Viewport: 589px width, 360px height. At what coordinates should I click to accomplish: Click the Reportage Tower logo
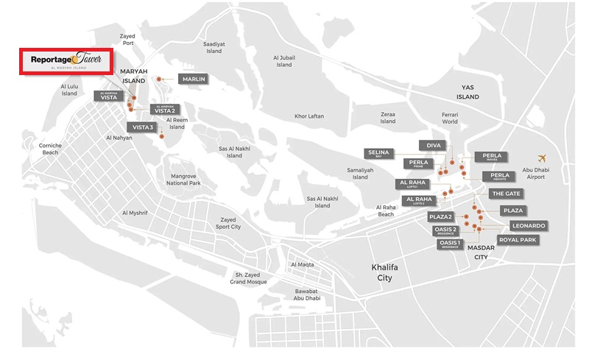click(66, 60)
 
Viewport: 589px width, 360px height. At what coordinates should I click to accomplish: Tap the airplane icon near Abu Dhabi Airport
click(543, 159)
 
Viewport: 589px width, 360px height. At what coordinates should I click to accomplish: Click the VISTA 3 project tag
click(143, 127)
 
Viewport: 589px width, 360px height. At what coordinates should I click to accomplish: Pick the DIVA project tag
click(433, 145)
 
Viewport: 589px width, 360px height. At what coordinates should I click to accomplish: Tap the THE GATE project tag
click(506, 193)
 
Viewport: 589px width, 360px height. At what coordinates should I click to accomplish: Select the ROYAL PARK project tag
click(518, 240)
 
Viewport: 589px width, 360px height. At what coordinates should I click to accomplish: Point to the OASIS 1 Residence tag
click(450, 244)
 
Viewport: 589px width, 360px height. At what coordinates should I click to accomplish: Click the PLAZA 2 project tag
click(441, 216)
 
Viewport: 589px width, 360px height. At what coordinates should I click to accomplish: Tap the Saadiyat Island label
click(214, 47)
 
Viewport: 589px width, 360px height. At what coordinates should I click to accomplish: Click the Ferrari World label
click(450, 118)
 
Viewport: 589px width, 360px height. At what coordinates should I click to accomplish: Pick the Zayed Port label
click(128, 39)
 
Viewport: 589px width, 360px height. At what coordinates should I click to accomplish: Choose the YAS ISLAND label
click(467, 93)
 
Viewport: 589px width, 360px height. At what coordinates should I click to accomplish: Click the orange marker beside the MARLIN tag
click(161, 79)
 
